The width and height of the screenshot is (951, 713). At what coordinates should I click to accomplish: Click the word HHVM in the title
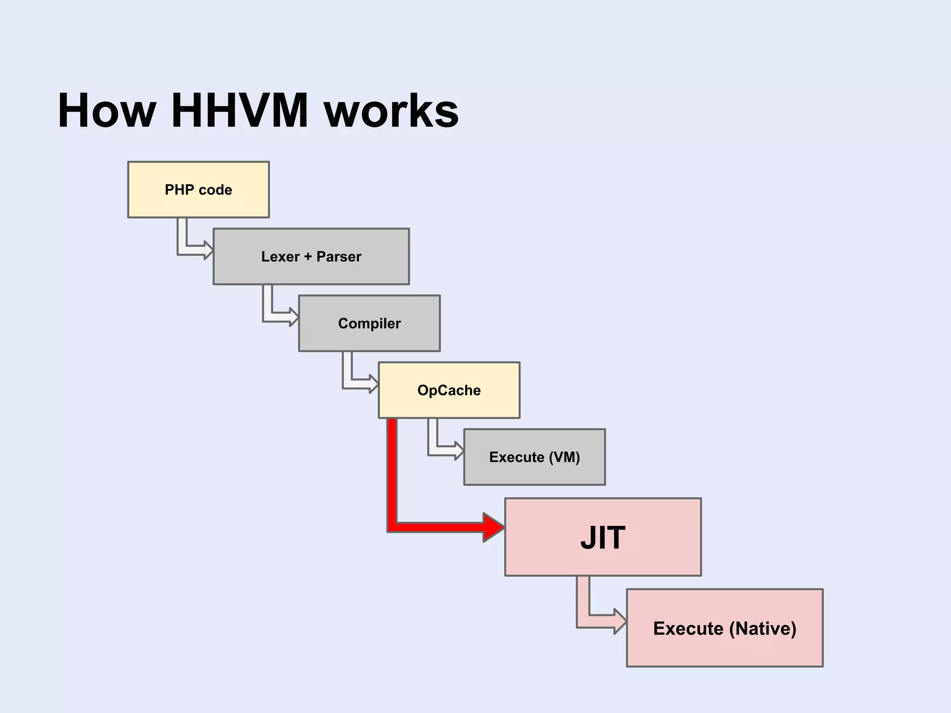click(x=240, y=111)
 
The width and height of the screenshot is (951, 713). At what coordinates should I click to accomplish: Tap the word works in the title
click(x=391, y=111)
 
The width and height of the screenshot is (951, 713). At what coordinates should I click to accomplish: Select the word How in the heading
click(x=107, y=111)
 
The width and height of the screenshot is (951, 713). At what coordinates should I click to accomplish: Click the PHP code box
click(x=198, y=189)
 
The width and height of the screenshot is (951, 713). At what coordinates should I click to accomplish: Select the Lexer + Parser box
click(x=311, y=256)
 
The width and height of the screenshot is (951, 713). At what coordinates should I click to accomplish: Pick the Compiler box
click(x=369, y=323)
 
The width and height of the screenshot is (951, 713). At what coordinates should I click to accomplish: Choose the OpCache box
click(x=449, y=390)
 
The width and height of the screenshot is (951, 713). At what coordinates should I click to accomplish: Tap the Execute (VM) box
click(x=534, y=457)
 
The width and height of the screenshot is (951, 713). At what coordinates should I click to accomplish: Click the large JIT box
click(x=603, y=537)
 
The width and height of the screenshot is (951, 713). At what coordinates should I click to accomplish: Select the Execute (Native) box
click(x=724, y=628)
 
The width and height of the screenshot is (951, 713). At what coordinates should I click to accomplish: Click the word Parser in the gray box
click(x=339, y=256)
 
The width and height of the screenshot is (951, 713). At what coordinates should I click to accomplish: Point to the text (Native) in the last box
click(x=762, y=629)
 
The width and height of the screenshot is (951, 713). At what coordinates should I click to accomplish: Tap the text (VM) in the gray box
click(x=564, y=457)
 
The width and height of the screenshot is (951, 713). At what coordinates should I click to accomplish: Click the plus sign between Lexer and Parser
click(x=308, y=256)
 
